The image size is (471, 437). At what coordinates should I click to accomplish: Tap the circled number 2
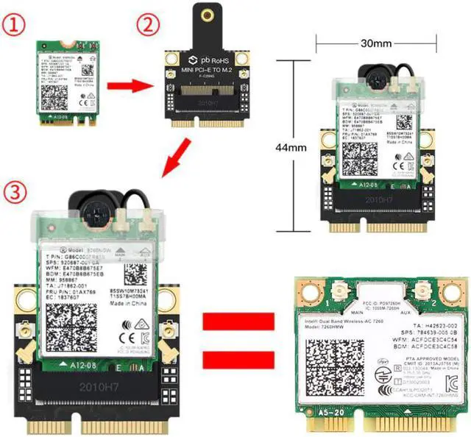(x=150, y=24)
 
